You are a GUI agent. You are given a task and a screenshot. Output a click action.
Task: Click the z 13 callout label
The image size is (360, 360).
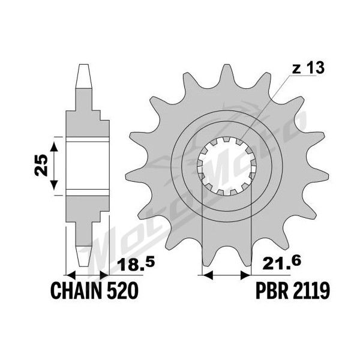click(308, 68)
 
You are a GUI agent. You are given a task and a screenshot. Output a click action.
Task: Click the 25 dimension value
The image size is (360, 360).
click(41, 166)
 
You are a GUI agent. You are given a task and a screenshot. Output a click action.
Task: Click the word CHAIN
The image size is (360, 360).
click(76, 290)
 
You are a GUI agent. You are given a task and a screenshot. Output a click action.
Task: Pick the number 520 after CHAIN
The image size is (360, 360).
click(122, 290)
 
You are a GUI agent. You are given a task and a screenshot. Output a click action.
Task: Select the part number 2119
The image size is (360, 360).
click(311, 290)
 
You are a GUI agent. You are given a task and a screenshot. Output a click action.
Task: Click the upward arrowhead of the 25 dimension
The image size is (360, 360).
click(54, 146)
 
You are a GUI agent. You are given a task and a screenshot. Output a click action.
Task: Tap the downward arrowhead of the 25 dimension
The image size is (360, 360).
click(54, 185)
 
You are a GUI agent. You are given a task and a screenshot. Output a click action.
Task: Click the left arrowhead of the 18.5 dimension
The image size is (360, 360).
click(71, 275)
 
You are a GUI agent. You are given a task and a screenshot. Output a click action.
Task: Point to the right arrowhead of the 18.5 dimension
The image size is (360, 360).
click(104, 275)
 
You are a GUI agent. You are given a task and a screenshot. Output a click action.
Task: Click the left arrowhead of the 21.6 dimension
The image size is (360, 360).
click(207, 275)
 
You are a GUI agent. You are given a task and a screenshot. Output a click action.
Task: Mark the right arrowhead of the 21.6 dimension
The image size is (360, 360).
click(245, 275)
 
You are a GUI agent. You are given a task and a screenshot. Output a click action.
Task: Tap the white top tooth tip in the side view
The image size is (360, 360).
click(83, 76)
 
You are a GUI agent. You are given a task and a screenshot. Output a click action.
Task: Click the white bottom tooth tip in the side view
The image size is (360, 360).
click(83, 256)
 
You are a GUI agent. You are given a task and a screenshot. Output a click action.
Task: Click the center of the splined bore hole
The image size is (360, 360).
click(227, 166)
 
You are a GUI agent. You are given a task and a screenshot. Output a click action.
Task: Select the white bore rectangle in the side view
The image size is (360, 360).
click(88, 166)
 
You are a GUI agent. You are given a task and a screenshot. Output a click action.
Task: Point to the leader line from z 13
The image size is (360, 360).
click(265, 107)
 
